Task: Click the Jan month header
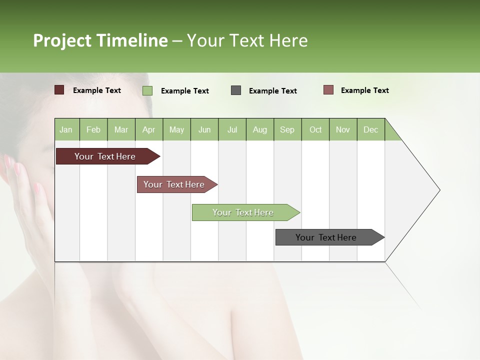(66, 129)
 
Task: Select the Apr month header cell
(149, 129)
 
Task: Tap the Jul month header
(232, 129)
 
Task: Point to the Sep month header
(287, 129)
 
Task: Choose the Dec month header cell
(370, 129)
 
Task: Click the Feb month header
(93, 129)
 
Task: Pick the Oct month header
(315, 129)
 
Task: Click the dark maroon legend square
(59, 90)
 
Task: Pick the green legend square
(147, 90)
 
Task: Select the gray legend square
(236, 90)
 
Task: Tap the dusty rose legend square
(328, 90)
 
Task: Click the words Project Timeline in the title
(100, 40)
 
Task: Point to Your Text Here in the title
(247, 40)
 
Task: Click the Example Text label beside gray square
(272, 91)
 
